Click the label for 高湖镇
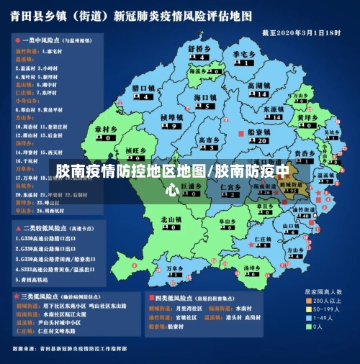point(258,86)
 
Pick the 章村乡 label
point(105,129)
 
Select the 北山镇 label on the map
point(171,219)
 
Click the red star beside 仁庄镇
point(251,245)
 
